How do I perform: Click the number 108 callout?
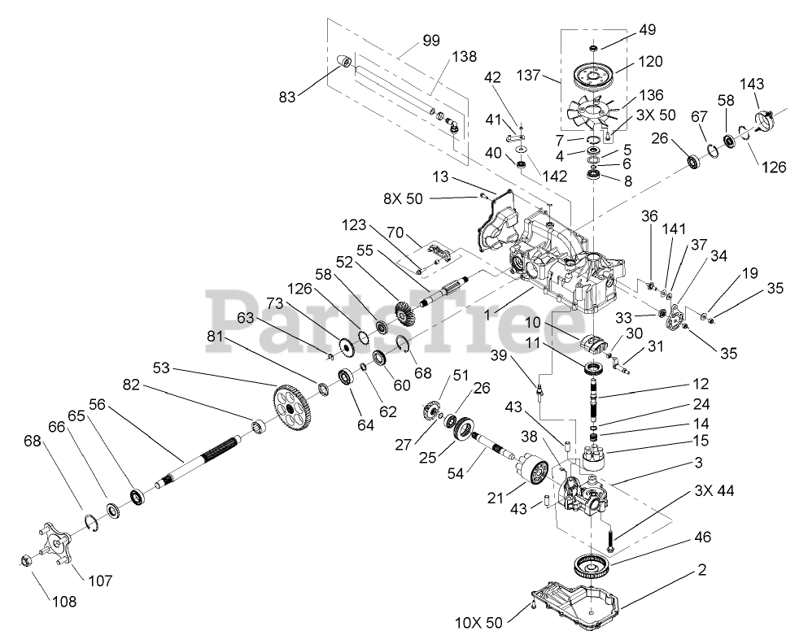63,603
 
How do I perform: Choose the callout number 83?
310,95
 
